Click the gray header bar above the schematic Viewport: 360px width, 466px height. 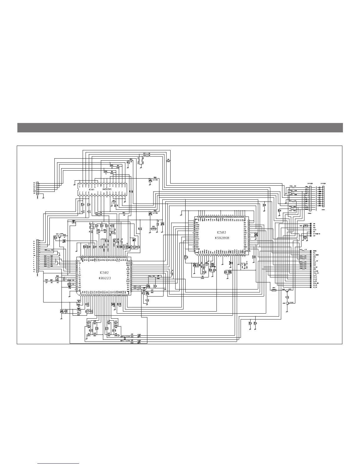point(180,128)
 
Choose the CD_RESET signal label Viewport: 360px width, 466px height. point(316,255)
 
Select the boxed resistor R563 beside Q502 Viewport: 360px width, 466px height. point(274,290)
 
